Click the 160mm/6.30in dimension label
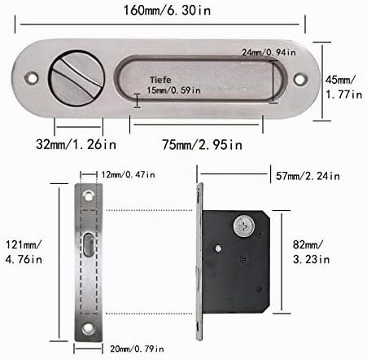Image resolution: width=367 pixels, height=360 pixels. [167, 11]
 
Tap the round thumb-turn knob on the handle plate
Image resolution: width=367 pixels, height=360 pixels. [76, 79]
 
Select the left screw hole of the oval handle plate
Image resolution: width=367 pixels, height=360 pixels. [32, 78]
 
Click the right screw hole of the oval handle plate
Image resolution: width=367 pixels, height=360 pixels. [300, 79]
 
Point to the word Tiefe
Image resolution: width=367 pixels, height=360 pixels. [160, 80]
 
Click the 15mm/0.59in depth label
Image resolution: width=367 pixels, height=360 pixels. [173, 90]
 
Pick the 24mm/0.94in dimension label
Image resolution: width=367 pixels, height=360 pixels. [269, 52]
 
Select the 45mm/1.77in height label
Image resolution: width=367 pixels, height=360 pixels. [343, 87]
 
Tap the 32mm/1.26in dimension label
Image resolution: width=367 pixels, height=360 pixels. [76, 144]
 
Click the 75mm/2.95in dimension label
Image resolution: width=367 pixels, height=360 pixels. [202, 144]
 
